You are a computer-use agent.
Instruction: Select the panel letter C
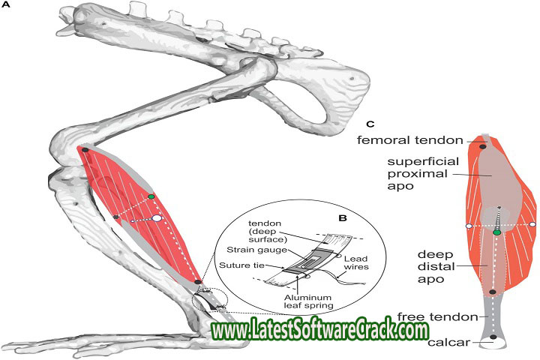[x=370, y=123]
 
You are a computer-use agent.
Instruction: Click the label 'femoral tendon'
[x=410, y=139]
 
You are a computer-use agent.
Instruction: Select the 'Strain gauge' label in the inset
[x=249, y=250]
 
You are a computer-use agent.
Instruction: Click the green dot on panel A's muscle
[x=151, y=196]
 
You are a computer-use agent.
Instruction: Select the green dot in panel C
[x=496, y=233]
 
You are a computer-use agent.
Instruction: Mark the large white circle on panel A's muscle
[x=157, y=219]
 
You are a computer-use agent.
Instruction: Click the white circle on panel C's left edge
[x=469, y=225]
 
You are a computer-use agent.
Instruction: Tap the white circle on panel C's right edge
[x=532, y=224]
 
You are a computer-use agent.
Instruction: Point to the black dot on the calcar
[x=492, y=337]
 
